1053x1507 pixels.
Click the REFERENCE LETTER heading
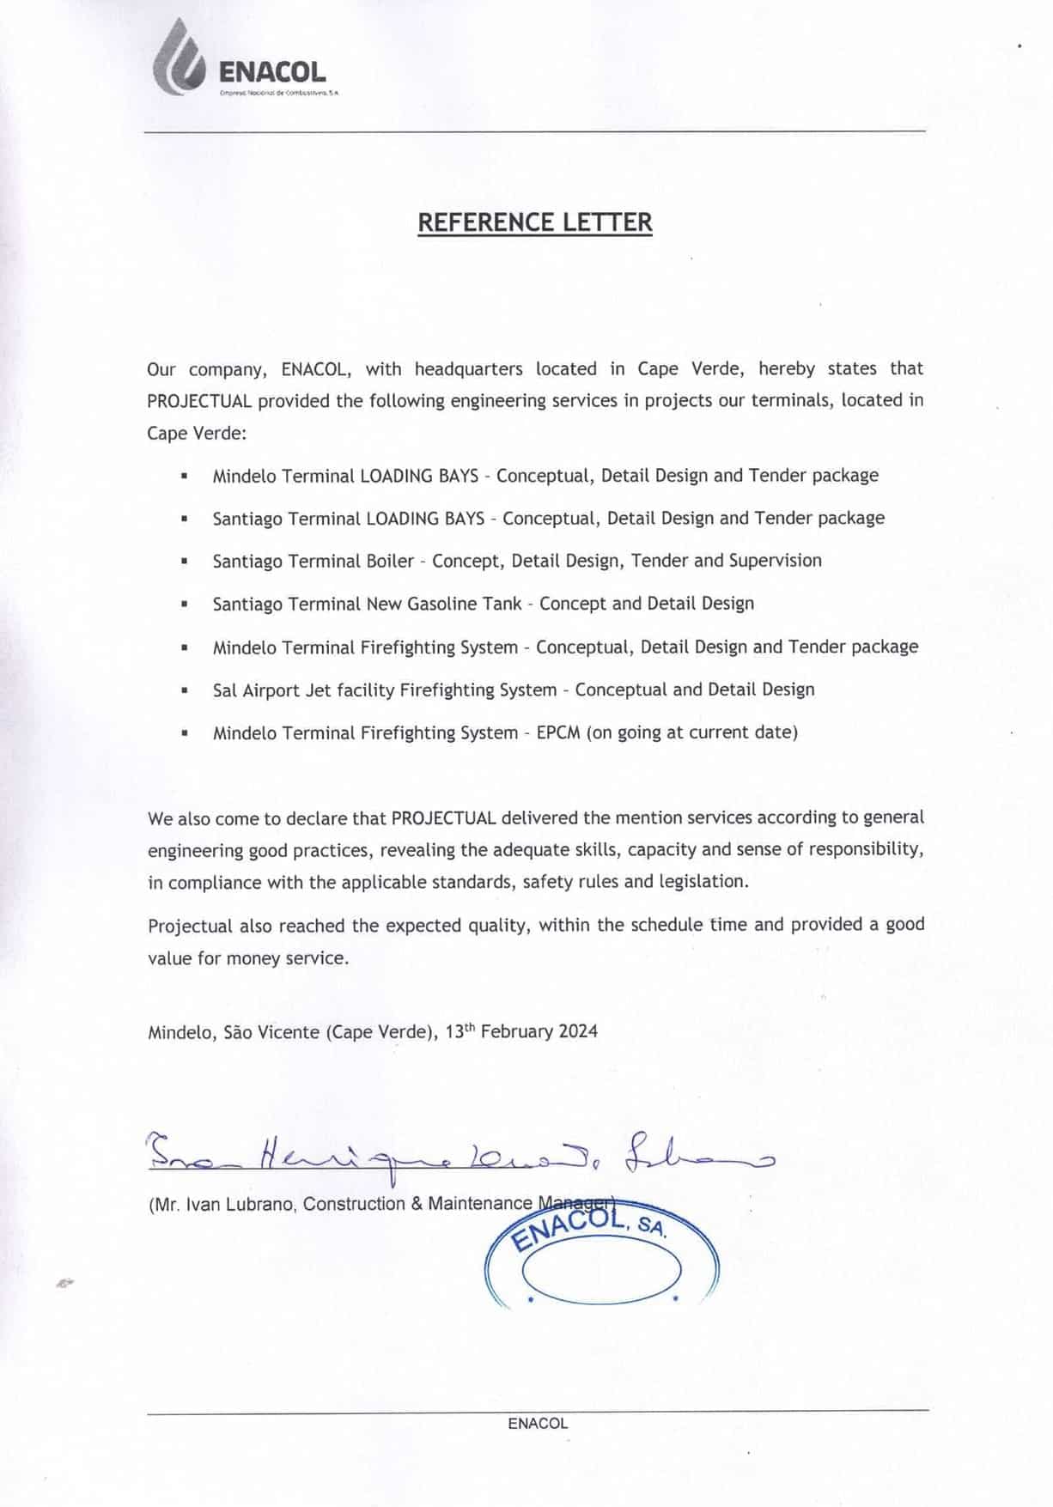(534, 222)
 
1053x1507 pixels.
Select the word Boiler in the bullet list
(390, 561)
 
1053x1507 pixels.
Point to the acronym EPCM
(558, 732)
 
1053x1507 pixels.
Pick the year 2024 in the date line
(578, 1031)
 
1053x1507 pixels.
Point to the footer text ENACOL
(538, 1423)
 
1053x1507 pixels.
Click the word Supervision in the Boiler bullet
(775, 561)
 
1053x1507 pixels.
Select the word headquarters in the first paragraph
(468, 369)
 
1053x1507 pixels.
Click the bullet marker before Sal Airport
(185, 690)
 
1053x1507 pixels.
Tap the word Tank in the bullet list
(502, 604)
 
